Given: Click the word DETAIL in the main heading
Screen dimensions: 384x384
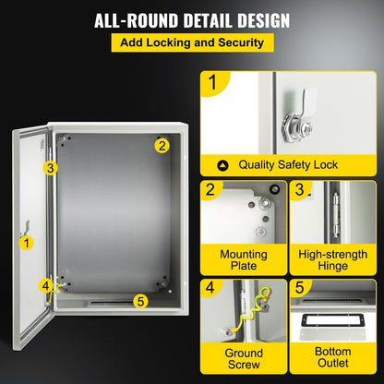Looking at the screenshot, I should [x=198, y=19].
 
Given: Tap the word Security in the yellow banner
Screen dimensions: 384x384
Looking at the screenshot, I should [x=236, y=42].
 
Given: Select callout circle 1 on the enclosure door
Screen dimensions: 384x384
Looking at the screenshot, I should [x=27, y=242].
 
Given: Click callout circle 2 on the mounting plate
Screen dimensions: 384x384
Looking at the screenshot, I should [x=162, y=144].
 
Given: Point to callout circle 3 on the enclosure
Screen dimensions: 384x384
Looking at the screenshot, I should [x=51, y=167].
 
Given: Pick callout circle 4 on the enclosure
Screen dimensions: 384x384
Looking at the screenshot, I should [x=45, y=285].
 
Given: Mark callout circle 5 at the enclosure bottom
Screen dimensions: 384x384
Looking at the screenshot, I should [x=140, y=299].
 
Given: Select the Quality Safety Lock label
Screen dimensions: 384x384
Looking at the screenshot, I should [x=288, y=165].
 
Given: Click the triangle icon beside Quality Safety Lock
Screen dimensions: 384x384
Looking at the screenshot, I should [x=222, y=165].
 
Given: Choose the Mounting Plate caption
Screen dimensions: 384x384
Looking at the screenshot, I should [x=244, y=259].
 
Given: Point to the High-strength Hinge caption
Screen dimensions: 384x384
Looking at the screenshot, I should [x=332, y=259].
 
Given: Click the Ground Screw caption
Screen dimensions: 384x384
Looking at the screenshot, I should [x=244, y=358].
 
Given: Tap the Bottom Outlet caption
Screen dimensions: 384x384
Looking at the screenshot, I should [x=332, y=358].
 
